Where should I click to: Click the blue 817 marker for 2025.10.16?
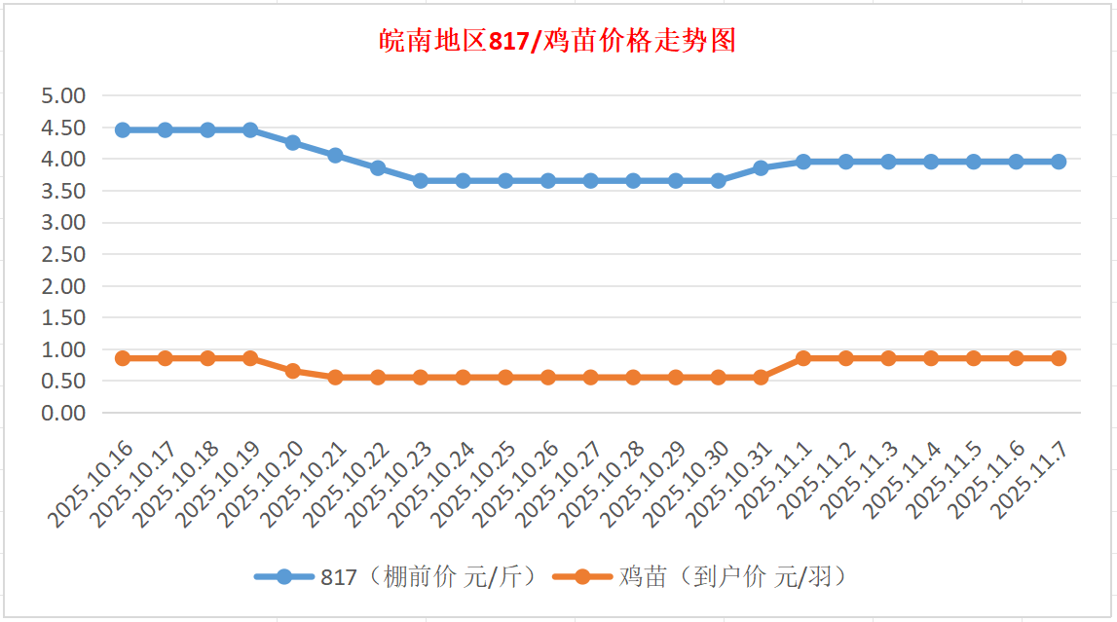(x=123, y=129)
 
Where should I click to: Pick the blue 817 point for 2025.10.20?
(x=293, y=142)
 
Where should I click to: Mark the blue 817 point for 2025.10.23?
(x=421, y=180)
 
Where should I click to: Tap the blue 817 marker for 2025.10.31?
(x=761, y=167)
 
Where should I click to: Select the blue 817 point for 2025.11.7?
(x=1059, y=162)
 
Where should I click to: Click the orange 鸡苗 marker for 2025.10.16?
(x=123, y=358)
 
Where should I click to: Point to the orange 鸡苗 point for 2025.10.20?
(x=293, y=371)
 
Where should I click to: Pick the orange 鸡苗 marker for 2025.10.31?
(x=761, y=377)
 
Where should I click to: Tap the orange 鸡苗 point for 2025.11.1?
(x=803, y=358)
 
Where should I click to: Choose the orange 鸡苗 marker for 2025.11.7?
(x=1059, y=358)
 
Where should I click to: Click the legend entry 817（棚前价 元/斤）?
(x=396, y=576)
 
